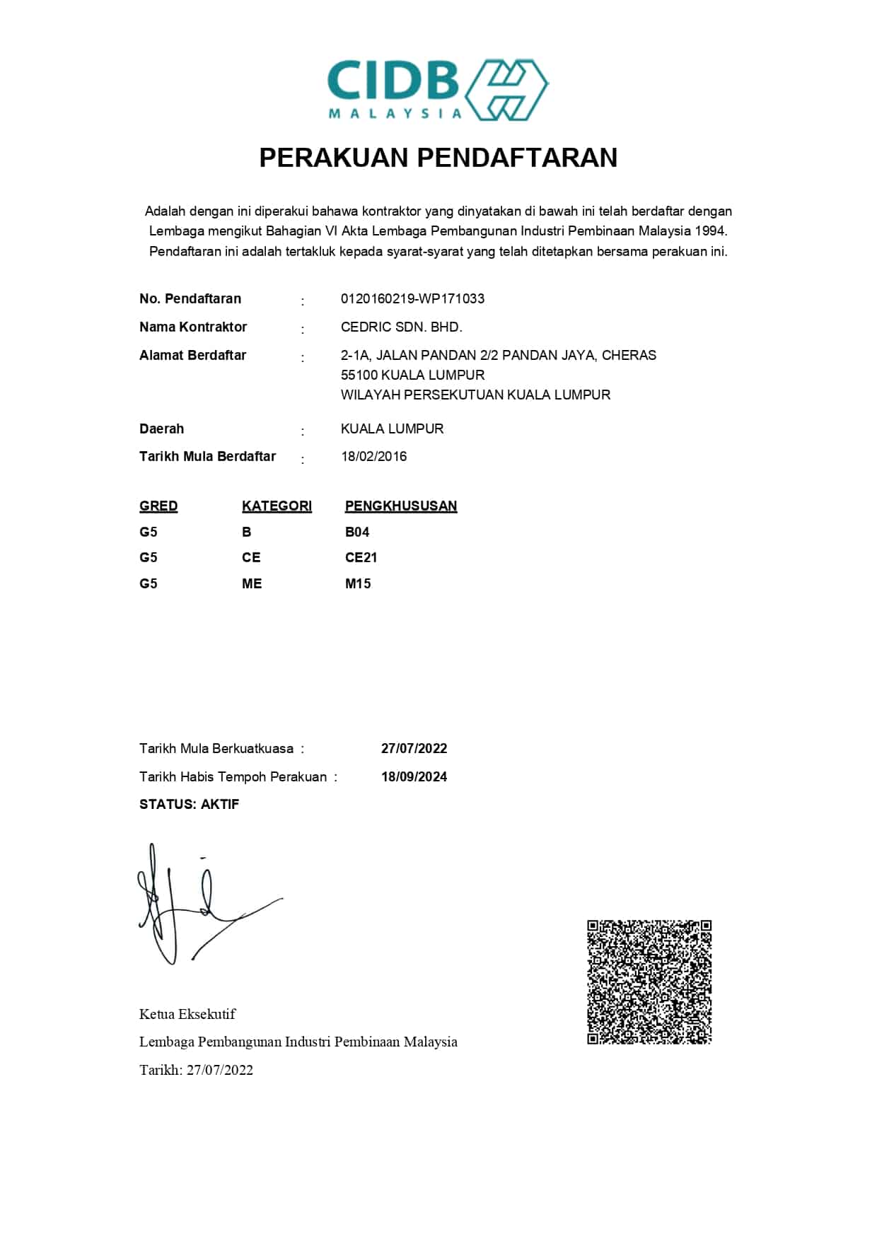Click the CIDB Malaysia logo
[438, 90]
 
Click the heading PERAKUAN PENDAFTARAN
[438, 157]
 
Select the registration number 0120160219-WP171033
[412, 298]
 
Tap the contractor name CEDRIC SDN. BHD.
[401, 327]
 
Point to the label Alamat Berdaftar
[192, 355]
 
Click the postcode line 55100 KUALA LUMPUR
[412, 375]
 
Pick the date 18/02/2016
[373, 456]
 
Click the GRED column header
[158, 506]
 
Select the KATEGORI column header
[277, 506]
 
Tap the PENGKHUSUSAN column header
[400, 506]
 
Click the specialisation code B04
[357, 532]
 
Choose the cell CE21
[361, 557]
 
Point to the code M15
[358, 583]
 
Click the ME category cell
[252, 583]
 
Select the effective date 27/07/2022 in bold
[414, 748]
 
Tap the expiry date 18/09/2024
[414, 776]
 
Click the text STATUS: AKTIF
[189, 804]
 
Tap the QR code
[649, 981]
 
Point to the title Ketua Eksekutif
[187, 1014]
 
